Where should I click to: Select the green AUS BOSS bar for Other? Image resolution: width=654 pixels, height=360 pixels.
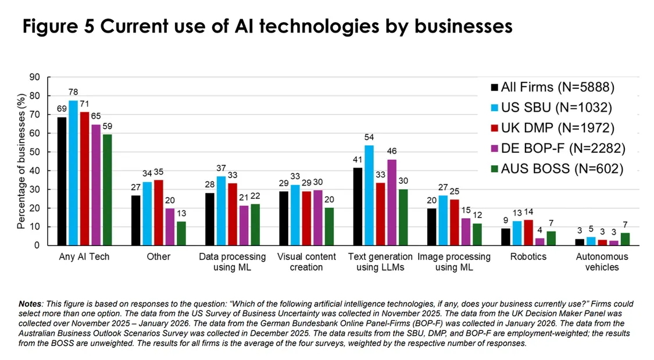[x=181, y=233]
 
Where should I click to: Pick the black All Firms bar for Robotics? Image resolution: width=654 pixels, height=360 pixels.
[x=506, y=237]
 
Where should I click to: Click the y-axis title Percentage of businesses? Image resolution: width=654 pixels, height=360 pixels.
[x=22, y=161]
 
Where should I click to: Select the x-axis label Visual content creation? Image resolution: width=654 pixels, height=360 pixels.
[x=306, y=262]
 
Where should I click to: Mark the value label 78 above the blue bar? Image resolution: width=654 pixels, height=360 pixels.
[x=73, y=92]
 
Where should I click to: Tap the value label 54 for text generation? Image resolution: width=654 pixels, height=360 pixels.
[x=369, y=137]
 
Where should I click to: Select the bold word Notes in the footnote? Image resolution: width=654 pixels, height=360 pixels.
[x=30, y=304]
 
